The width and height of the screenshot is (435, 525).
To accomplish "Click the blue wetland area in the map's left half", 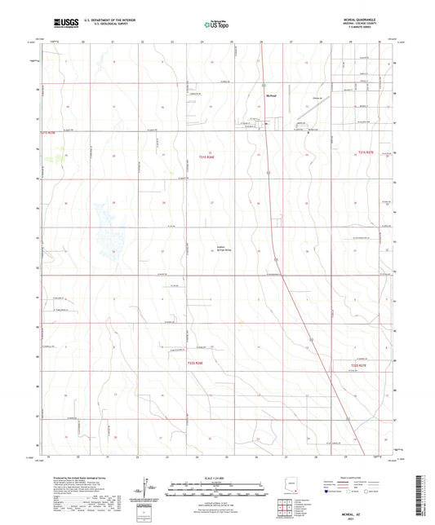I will coord(106,232).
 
